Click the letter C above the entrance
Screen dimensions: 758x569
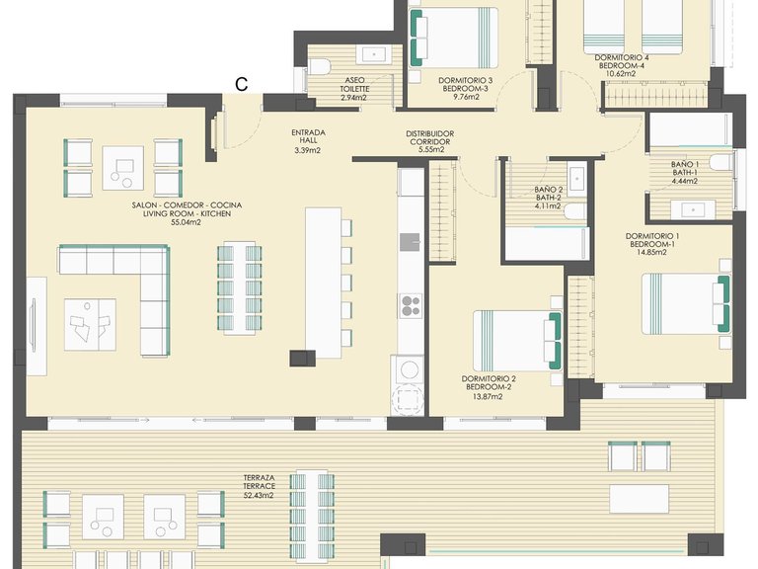tap(241, 84)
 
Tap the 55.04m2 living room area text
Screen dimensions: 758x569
tap(187, 222)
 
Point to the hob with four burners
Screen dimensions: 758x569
tap(411, 305)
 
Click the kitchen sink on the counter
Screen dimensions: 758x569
tap(410, 242)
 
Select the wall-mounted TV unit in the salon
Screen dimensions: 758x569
tap(36, 326)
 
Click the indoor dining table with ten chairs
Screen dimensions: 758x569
tap(239, 287)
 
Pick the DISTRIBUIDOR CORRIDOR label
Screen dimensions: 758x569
tap(429, 141)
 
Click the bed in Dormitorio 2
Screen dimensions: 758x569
tap(517, 341)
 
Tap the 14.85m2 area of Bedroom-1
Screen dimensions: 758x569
tap(651, 252)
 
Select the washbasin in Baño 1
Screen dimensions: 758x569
tap(694, 210)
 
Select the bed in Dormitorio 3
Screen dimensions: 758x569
tap(453, 38)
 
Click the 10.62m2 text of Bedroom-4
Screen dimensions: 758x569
tap(621, 74)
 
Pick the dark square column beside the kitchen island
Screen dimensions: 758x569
tap(303, 358)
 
